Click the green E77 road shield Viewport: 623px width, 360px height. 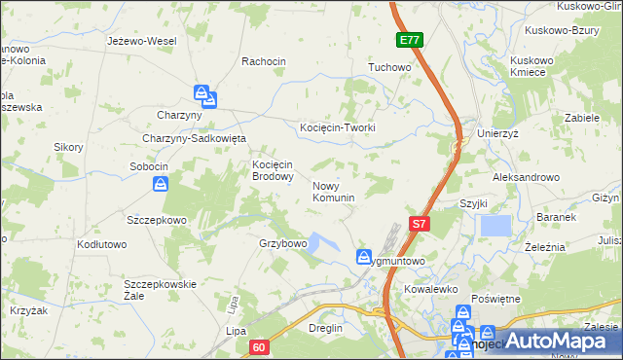(410, 41)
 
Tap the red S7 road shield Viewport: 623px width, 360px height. (419, 223)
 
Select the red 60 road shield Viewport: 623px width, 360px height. (258, 346)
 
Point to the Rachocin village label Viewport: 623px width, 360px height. (264, 61)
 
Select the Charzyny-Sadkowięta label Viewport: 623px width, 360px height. (195, 138)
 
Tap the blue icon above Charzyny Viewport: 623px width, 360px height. (204, 95)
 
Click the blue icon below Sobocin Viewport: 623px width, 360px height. (162, 183)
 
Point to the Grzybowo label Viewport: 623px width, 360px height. (283, 243)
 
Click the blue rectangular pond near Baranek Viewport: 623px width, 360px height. (495, 226)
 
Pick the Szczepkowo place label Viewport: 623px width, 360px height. (156, 220)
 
